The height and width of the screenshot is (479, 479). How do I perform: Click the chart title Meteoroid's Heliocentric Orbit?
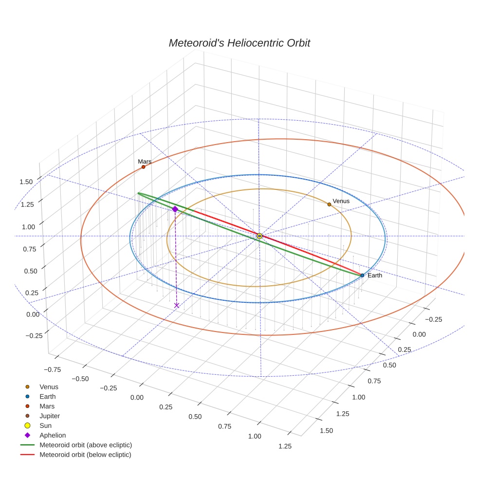coord(239,43)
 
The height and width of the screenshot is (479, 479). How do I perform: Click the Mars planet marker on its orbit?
coord(143,167)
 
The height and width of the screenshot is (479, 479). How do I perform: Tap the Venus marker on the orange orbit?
coord(329,204)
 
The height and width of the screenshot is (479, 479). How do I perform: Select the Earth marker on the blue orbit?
coord(362,276)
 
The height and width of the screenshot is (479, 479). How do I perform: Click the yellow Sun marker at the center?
coord(259,236)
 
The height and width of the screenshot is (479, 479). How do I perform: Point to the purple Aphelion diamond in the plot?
coord(175,209)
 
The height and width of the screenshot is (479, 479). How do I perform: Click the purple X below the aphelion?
coord(177,305)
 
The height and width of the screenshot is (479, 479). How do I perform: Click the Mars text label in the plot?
coord(145,161)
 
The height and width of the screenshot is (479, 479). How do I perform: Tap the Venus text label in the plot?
coord(341,201)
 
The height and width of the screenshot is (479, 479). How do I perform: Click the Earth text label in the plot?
coord(375,276)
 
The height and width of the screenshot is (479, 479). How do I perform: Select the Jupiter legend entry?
coord(49,416)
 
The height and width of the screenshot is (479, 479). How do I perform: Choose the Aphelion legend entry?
coord(52,435)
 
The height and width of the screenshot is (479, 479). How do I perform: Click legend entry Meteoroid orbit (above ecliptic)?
coord(85,445)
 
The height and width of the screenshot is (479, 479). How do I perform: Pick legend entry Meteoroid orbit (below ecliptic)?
coord(85,455)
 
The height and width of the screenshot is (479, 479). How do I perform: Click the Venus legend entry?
coord(49,387)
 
